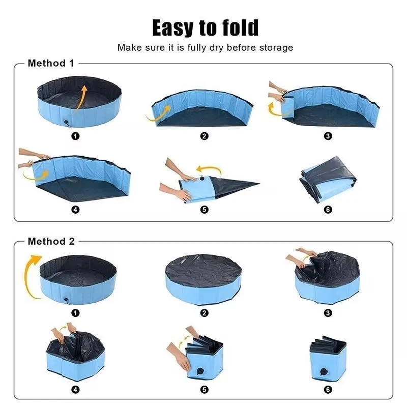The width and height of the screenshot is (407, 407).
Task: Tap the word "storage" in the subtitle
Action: pyautogui.click(x=276, y=47)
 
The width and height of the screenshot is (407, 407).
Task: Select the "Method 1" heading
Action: pyautogui.click(x=51, y=63)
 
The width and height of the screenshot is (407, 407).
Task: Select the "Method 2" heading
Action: pyautogui.click(x=51, y=241)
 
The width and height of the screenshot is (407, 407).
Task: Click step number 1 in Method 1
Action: pyautogui.click(x=75, y=136)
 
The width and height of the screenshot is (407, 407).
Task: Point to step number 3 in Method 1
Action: pyautogui.click(x=328, y=136)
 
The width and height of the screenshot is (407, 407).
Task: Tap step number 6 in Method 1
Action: pyautogui.click(x=328, y=209)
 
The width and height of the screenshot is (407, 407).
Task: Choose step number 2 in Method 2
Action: pyautogui.click(x=205, y=313)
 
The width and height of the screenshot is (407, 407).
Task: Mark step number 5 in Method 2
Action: pyautogui.click(x=205, y=389)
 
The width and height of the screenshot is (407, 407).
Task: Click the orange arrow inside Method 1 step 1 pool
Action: pyautogui.click(x=81, y=99)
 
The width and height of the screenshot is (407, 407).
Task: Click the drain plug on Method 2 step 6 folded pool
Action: pyautogui.click(x=324, y=372)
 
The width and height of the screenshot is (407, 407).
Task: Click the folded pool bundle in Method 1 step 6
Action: pyautogui.click(x=328, y=179)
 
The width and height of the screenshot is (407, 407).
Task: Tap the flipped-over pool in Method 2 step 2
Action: pyautogui.click(x=203, y=279)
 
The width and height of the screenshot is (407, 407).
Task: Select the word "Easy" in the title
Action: pyautogui.click(x=173, y=28)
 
